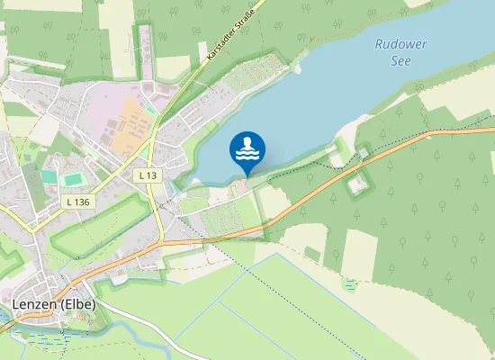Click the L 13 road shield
click(x=148, y=174)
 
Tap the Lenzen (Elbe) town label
click(x=54, y=304)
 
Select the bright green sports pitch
click(x=72, y=179)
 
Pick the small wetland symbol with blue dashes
click(x=350, y=284)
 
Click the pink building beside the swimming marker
click(x=239, y=186)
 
